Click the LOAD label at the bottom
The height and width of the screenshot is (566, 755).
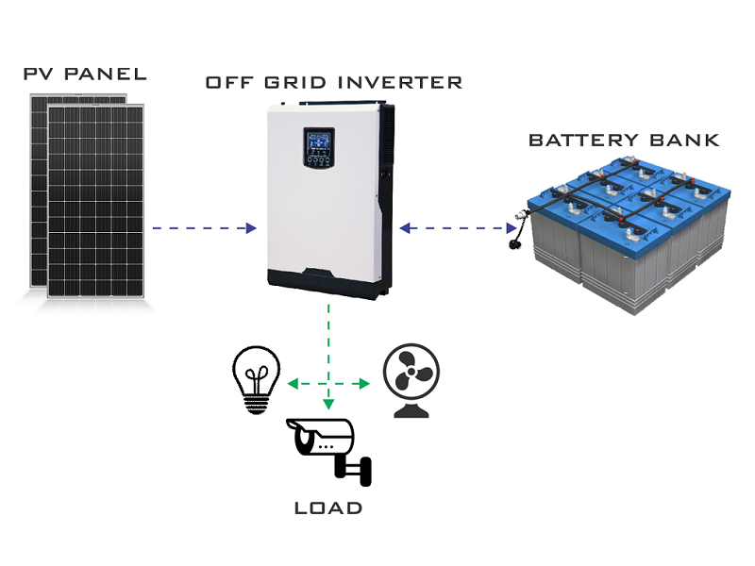[327, 508]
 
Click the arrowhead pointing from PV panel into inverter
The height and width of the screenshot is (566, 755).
[251, 228]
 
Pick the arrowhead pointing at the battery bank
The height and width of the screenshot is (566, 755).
[509, 228]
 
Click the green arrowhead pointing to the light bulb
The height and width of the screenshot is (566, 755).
[293, 384]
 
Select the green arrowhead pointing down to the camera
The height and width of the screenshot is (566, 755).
[328, 404]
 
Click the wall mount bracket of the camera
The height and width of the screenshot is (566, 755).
[360, 466]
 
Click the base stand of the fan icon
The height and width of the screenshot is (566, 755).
[411, 410]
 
